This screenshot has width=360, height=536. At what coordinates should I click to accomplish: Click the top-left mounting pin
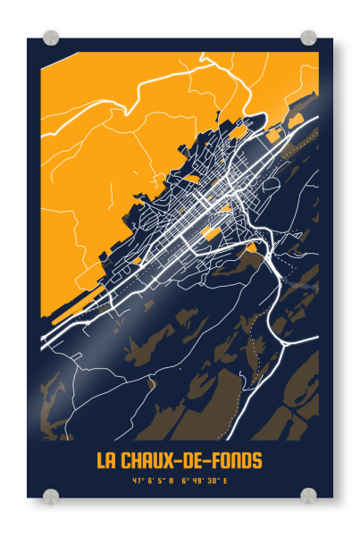51,38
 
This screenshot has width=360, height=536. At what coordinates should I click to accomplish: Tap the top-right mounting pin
308,38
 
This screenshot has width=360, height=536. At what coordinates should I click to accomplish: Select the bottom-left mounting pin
51,496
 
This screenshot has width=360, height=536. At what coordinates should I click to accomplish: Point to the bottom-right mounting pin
308,496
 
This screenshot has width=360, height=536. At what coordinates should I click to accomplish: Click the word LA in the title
106,461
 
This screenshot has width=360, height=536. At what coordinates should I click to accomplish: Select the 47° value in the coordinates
138,482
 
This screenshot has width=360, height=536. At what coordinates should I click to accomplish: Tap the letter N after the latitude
172,482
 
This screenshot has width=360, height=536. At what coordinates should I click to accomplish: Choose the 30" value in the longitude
213,482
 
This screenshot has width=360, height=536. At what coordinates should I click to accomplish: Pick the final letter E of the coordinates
226,482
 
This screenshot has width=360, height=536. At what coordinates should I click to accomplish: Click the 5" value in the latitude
161,482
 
